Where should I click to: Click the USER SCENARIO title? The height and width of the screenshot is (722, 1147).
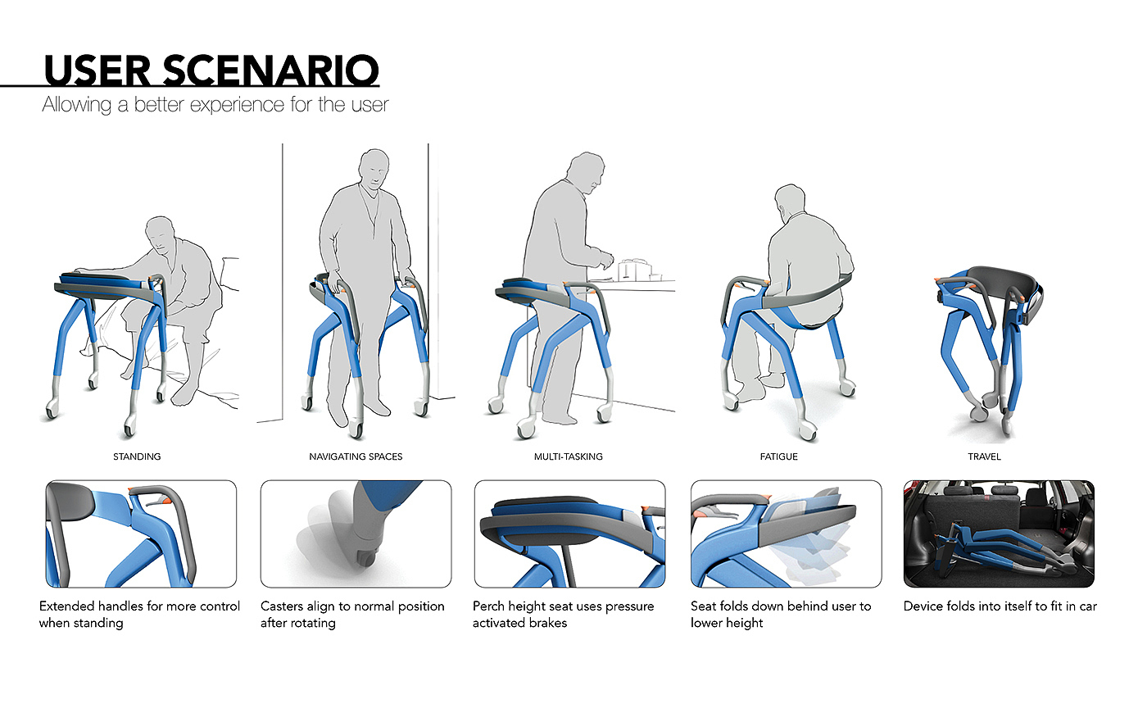tap(211, 70)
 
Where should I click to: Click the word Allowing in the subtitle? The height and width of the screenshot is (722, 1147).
tap(77, 105)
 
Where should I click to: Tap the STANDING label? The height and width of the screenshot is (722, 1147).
tap(137, 456)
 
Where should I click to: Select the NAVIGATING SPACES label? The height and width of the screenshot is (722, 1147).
tap(356, 456)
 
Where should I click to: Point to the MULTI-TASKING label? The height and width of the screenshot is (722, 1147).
tap(569, 456)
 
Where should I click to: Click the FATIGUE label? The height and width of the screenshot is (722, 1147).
tap(779, 456)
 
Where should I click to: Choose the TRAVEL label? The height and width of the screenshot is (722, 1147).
tap(984, 456)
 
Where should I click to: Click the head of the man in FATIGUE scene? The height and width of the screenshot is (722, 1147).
tap(790, 200)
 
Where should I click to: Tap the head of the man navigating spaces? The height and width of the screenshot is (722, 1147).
tap(374, 169)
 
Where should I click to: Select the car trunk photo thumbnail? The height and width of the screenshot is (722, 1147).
tap(999, 534)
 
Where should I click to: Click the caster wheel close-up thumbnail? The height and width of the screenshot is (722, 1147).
tap(356, 534)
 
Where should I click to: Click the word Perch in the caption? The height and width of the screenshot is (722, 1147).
tap(488, 606)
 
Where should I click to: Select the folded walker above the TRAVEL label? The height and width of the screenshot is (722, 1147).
tap(990, 349)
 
